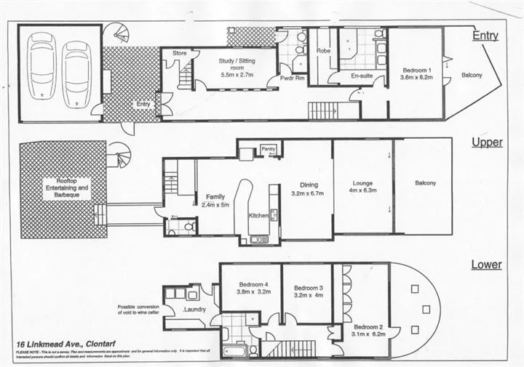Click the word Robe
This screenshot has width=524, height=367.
(323, 52)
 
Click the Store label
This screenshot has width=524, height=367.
(180, 54)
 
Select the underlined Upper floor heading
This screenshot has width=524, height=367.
(486, 142)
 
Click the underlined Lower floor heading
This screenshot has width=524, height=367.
(486, 265)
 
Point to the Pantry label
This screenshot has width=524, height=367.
(269, 148)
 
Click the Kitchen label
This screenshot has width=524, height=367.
(260, 215)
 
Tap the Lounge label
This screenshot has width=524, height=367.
(362, 183)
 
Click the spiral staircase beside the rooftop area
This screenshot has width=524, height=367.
(119, 155)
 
